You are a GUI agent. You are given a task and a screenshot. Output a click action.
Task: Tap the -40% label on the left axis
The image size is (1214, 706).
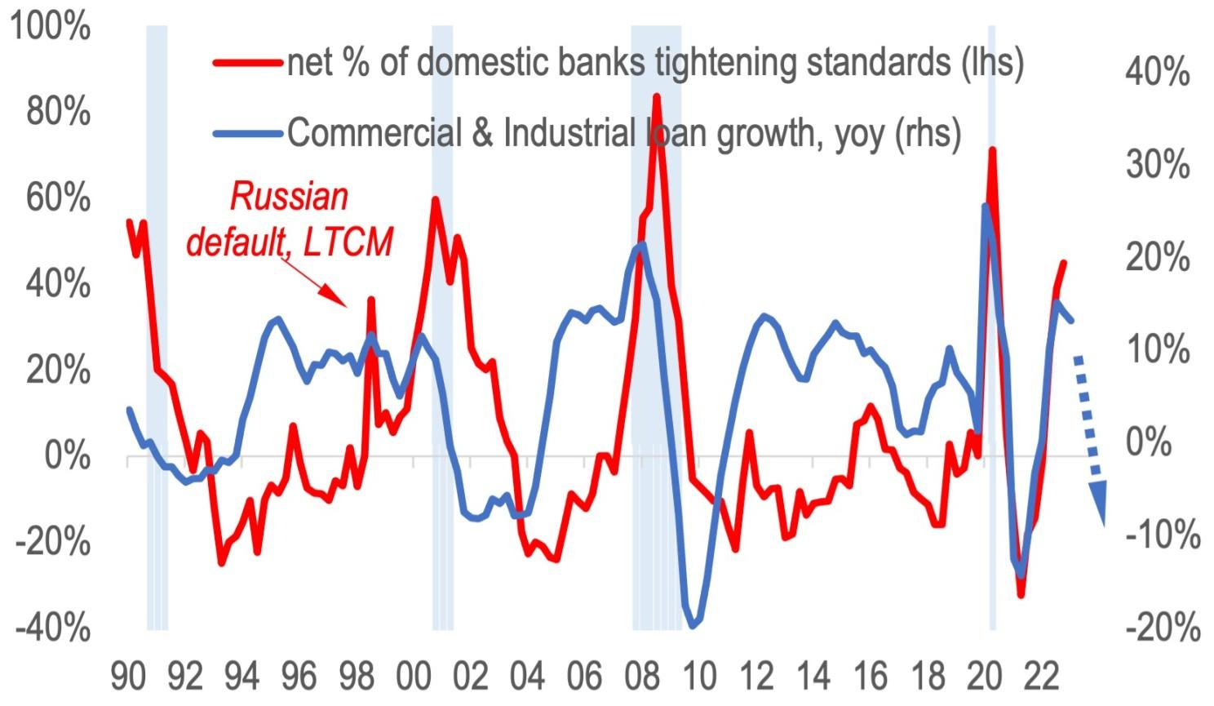[53, 628]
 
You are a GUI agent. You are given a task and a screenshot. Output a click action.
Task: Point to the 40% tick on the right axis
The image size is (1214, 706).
[1157, 73]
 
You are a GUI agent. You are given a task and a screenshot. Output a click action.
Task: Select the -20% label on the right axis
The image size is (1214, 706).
[1162, 628]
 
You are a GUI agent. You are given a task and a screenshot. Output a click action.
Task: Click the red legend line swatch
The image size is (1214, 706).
[247, 62]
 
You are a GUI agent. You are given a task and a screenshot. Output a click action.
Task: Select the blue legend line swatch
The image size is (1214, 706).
[247, 132]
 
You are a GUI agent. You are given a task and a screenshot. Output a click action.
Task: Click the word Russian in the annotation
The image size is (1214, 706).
[289, 197]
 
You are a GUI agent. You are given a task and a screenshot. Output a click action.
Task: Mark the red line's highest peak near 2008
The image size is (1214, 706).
[656, 96]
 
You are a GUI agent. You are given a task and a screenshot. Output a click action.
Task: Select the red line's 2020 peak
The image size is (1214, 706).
[992, 150]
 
